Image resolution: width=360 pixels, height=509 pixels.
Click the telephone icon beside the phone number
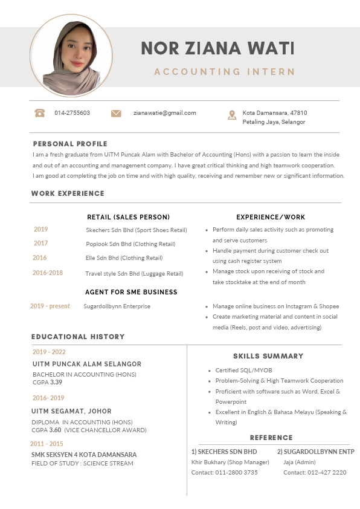click(40, 113)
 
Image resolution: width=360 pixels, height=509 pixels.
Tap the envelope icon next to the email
click(116, 113)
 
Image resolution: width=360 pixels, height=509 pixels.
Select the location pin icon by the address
click(232, 115)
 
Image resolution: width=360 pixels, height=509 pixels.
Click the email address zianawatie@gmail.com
click(164, 113)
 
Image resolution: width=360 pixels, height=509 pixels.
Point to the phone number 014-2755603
click(72, 113)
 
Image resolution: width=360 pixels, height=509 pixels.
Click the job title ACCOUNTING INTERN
click(224, 72)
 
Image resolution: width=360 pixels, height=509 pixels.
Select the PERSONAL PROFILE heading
click(70, 144)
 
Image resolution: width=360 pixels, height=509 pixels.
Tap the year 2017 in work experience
click(41, 243)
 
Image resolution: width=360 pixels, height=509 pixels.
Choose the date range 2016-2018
click(48, 273)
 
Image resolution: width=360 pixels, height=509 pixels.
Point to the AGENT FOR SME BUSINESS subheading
click(131, 292)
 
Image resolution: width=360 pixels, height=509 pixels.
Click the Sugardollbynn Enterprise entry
click(117, 306)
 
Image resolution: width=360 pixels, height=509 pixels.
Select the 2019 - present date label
click(50, 306)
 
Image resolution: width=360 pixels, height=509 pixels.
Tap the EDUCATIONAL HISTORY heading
click(78, 337)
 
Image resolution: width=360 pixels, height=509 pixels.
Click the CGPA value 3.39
click(56, 382)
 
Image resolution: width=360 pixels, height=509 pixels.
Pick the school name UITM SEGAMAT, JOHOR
click(71, 411)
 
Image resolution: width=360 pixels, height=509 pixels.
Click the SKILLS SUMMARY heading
click(268, 356)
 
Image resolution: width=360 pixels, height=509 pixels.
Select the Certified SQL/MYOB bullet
click(243, 371)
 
